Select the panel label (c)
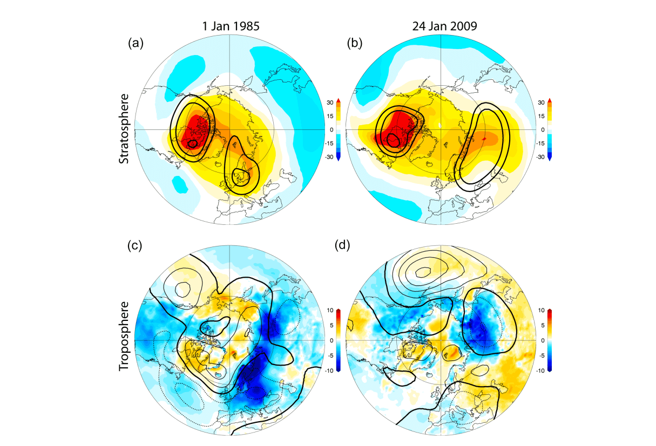pos(136,246)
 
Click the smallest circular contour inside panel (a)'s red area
pos(193,143)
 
